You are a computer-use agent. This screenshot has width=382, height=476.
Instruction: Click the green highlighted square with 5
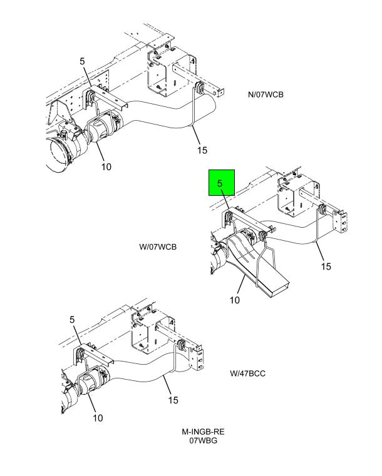coord(222,183)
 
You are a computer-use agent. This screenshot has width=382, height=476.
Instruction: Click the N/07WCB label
coord(266,94)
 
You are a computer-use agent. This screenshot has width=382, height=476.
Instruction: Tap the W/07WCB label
coord(158,247)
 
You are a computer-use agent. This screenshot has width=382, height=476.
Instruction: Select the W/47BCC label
coord(248,373)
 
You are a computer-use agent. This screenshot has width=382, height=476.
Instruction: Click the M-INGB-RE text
coord(203,432)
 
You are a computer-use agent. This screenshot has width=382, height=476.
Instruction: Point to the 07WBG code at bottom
coord(204,440)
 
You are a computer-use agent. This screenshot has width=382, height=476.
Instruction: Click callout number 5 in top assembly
coord(83,61)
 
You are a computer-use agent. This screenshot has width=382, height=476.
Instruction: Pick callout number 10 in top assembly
coord(106,166)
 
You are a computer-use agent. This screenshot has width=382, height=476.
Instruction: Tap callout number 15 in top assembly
coord(202,150)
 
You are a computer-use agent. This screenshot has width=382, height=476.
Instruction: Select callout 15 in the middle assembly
coord(326,266)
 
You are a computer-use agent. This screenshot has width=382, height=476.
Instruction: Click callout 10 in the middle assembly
coord(235,300)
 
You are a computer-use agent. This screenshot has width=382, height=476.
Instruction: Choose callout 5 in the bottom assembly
coord(72,320)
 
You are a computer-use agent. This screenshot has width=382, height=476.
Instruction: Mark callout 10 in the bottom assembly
coord(98,418)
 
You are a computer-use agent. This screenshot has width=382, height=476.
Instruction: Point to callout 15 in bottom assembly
coord(173,400)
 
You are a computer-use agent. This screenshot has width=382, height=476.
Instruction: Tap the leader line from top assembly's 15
coord(196,135)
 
